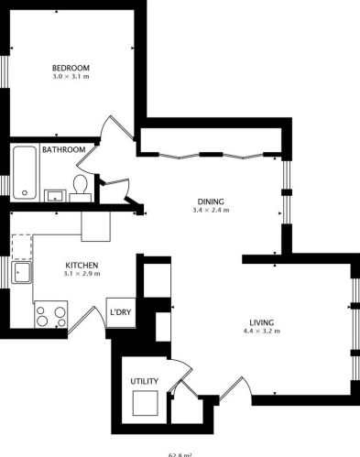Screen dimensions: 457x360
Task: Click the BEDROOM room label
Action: pos(70,68)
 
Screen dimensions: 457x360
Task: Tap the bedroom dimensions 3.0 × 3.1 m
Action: pos(70,77)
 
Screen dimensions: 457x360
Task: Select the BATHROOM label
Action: pos(63,149)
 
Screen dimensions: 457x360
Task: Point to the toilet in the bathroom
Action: pos(80,187)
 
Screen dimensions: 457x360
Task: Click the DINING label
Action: pos(211,201)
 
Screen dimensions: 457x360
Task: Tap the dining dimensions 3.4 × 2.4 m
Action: pos(211,211)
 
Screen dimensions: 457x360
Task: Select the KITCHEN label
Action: pos(81,266)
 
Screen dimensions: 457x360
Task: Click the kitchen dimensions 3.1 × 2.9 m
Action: pos(81,275)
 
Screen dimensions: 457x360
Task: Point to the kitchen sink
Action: pos(24,272)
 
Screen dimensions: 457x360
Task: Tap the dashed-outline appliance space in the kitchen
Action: pos(22,245)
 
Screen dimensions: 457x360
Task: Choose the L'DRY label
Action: pos(120,313)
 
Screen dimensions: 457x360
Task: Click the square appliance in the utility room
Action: pos(145,403)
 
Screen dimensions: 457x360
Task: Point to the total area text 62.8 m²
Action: pos(180,453)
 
